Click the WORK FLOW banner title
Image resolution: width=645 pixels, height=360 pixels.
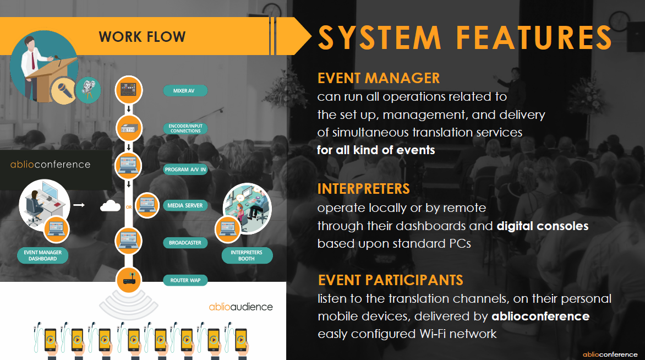pos(142,37)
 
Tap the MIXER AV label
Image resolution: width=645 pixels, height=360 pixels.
pos(185,90)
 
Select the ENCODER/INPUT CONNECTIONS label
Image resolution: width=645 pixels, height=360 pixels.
pos(185,129)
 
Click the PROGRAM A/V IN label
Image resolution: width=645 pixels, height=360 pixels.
pos(185,170)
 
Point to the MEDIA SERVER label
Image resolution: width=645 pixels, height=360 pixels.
pos(185,206)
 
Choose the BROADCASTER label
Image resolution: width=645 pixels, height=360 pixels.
pos(185,243)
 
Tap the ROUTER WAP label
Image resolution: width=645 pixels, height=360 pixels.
pos(185,280)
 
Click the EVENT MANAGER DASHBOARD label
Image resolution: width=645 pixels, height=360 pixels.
pos(43,255)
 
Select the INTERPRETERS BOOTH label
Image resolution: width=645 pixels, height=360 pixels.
pos(247,255)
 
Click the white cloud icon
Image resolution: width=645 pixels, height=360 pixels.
pos(110,206)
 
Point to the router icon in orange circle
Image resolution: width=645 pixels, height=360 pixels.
pos(128,281)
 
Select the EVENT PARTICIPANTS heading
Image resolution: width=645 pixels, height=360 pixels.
pos(390,280)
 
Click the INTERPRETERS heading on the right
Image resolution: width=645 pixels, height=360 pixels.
pos(363,189)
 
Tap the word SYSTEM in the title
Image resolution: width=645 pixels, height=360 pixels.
pos(380,37)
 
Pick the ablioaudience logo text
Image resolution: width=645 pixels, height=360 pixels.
pos(240,306)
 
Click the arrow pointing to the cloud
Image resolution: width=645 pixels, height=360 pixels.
pos(79,205)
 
